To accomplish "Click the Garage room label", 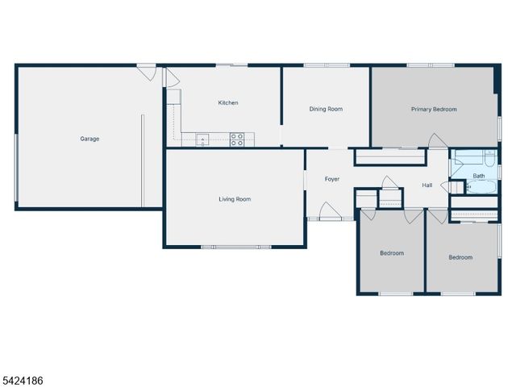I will coord(89,139).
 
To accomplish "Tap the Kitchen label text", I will coord(228,102).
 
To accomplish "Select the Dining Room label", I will coord(327,109).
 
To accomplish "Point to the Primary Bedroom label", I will coord(434,109).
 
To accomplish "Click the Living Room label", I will coord(235,199).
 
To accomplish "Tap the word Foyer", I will coord(332,178).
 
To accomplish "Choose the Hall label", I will coord(427,185).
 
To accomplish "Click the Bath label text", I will coord(479,176).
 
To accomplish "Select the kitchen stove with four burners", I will coord(237,139).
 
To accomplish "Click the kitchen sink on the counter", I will coord(202,139).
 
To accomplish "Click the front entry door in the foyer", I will coord(329,213).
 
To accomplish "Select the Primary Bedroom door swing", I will coord(438,141).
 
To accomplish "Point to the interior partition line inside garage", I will coord(143,160).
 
